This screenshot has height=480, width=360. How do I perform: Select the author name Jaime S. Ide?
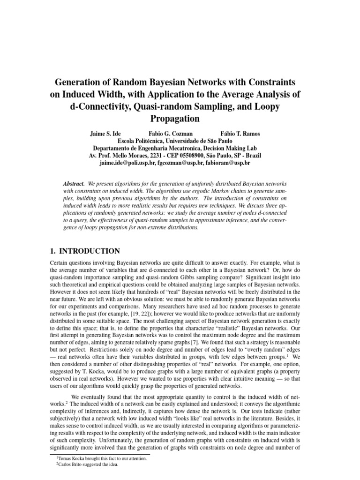coord(109,134)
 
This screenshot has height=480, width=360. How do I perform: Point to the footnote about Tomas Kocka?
coord(102,459)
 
